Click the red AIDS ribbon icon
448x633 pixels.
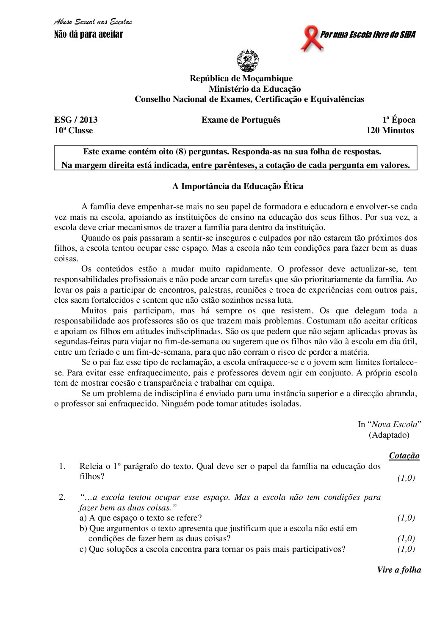click(x=311, y=38)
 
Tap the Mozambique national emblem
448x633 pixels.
click(x=247, y=60)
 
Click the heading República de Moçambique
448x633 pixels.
click(x=241, y=78)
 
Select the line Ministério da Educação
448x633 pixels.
click(x=254, y=89)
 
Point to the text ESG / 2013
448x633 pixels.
click(x=76, y=120)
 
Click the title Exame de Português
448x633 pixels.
click(x=241, y=120)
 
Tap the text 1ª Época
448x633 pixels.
click(x=398, y=120)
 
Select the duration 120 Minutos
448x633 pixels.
click(x=390, y=130)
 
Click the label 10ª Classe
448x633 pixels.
click(x=73, y=130)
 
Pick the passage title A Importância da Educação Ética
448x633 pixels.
click(x=238, y=186)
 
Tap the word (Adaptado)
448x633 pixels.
click(x=389, y=435)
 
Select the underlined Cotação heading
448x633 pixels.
click(x=404, y=455)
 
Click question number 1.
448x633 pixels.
click(x=62, y=466)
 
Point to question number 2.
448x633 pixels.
click(x=62, y=497)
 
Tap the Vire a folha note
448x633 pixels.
click(x=399, y=570)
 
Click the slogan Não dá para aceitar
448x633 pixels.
click(x=88, y=34)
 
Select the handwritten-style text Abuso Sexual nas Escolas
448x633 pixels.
click(x=93, y=22)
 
